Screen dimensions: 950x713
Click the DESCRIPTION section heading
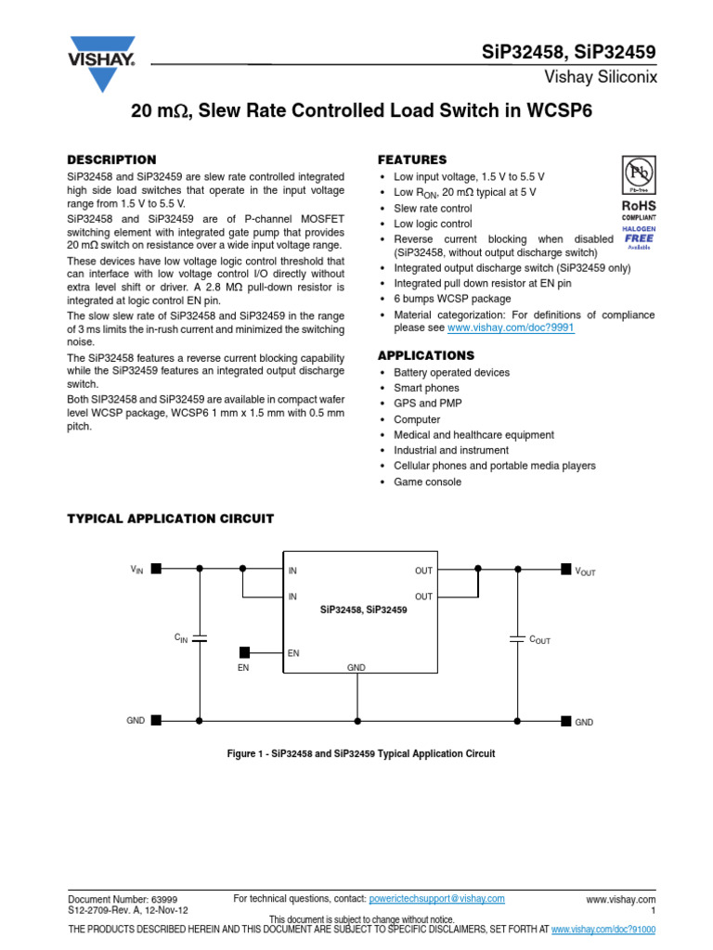112,160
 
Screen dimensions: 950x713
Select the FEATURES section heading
411,160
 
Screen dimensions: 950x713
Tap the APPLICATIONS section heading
425,355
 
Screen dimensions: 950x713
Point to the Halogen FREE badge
639,238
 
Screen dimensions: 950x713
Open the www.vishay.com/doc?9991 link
511,327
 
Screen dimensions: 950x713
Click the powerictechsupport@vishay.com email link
436,898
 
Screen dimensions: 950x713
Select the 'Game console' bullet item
427,481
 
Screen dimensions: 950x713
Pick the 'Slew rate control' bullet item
433,208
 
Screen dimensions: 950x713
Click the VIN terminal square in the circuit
156,569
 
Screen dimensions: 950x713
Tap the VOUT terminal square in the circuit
566,569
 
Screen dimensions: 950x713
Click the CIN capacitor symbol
198,638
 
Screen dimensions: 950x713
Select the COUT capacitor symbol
517,638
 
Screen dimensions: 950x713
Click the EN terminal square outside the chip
245,652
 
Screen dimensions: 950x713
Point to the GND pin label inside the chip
356,667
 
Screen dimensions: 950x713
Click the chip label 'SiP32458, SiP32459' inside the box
363,610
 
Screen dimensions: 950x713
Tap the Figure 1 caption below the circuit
361,754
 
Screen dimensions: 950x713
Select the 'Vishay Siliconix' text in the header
606,77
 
